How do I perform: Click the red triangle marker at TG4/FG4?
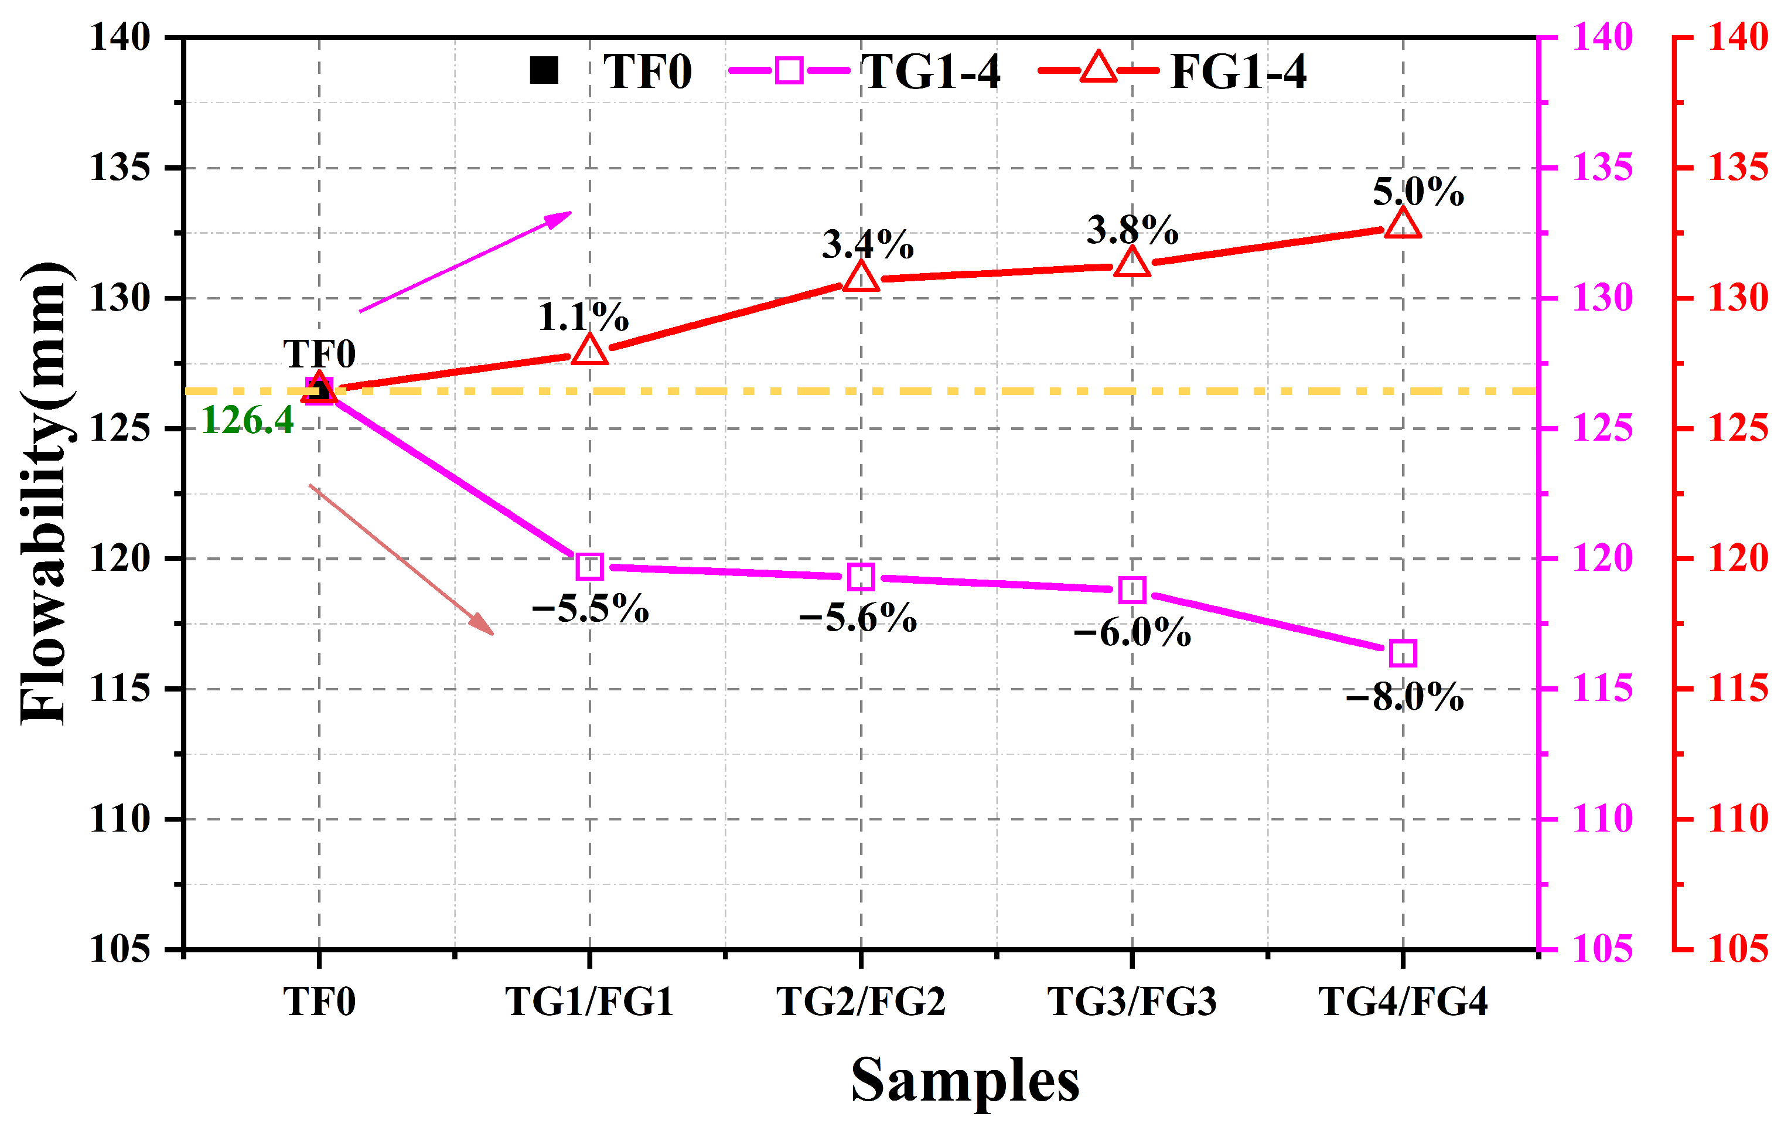(x=1403, y=223)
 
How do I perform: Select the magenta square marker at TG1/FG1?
(x=590, y=566)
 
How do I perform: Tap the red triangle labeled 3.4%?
(x=861, y=276)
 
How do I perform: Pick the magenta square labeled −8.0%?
(x=1403, y=653)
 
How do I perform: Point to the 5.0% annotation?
(x=1418, y=192)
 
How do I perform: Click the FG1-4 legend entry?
(x=1173, y=71)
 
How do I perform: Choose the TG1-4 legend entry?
(x=864, y=71)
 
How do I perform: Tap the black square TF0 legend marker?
(x=544, y=71)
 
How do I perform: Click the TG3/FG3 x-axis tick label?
(x=1132, y=1002)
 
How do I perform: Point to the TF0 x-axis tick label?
(x=319, y=1002)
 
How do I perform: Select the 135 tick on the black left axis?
(x=120, y=168)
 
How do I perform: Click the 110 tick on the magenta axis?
(x=1602, y=819)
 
